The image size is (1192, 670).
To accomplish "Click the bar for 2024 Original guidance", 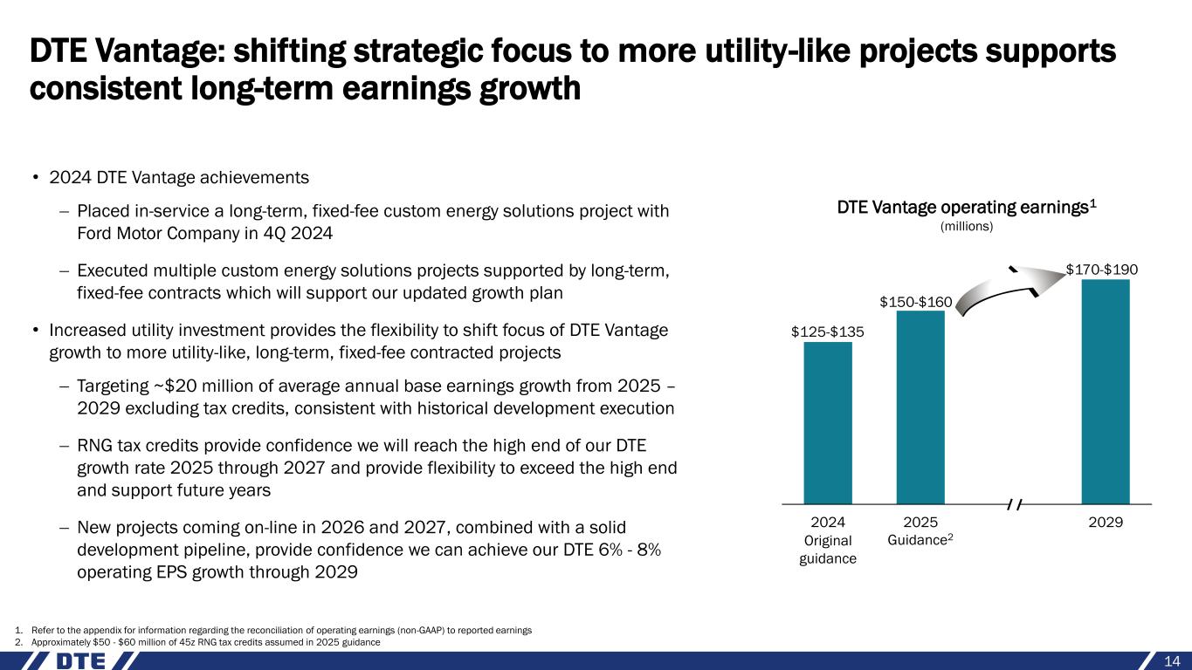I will pyautogui.click(x=828, y=423).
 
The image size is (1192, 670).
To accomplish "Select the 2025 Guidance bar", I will pyautogui.click(x=920, y=407).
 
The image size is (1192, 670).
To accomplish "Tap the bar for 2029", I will pyautogui.click(x=1106, y=392).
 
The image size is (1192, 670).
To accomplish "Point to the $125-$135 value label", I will pyautogui.click(x=828, y=332).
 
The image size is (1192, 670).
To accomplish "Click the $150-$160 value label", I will pyautogui.click(x=915, y=302).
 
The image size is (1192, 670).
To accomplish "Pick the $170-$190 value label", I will pyautogui.click(x=1102, y=270).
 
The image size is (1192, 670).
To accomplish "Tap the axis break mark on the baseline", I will pyautogui.click(x=1015, y=504).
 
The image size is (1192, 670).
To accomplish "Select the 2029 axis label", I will pyautogui.click(x=1106, y=522).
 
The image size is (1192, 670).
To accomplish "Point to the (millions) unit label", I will pyautogui.click(x=967, y=227).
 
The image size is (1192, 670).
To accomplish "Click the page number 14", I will pyautogui.click(x=1172, y=660).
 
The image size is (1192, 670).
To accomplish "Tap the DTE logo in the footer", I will pyautogui.click(x=82, y=660).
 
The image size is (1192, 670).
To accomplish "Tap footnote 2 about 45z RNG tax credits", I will pyautogui.click(x=197, y=641).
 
